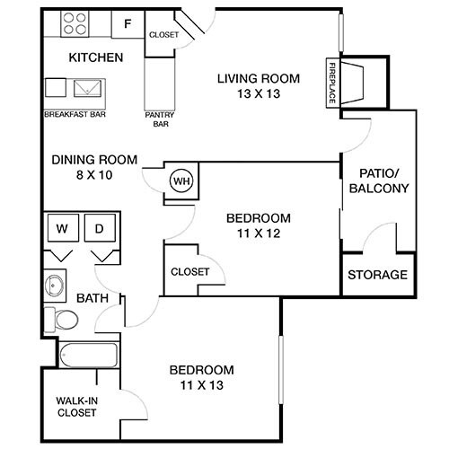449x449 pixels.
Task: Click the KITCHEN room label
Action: pos(95,58)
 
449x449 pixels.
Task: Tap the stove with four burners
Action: pos(75,24)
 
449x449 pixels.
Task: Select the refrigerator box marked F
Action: pos(127,24)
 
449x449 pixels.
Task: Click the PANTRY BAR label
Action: pos(159,119)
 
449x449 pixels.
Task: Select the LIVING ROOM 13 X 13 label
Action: pos(259,85)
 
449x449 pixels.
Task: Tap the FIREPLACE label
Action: pos(331,84)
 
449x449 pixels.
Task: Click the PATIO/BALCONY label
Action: pos(383,180)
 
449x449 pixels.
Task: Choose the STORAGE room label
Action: pos(378,275)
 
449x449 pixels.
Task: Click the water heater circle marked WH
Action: pos(182,180)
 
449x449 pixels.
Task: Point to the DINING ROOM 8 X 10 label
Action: pos(94,167)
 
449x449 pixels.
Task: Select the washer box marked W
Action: pos(62,229)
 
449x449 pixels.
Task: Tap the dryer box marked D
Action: pos(101,229)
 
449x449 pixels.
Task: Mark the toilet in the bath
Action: pos(65,319)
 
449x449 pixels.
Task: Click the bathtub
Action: pos(88,354)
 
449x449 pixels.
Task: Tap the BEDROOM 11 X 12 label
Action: pos(259,224)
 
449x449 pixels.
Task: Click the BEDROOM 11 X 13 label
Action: pos(201,377)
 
